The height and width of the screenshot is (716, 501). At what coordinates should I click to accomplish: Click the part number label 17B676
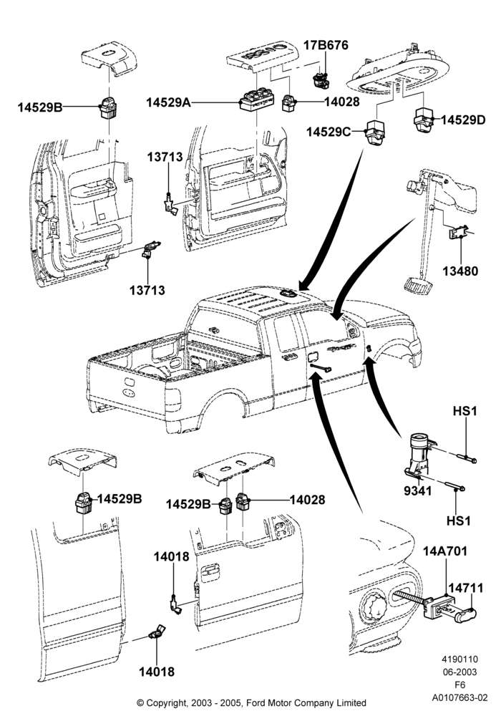(326, 45)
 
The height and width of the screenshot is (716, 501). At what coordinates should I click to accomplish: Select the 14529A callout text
(168, 102)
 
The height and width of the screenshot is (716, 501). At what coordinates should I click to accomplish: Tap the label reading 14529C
(329, 132)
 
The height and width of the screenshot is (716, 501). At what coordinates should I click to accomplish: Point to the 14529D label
(463, 120)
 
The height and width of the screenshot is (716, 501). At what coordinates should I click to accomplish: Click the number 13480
(460, 271)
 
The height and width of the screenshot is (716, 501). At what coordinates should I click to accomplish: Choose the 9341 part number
(417, 491)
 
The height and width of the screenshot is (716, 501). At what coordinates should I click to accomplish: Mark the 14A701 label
(445, 551)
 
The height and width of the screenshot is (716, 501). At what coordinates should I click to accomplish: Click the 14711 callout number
(465, 588)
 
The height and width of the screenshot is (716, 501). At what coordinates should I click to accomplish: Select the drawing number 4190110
(459, 659)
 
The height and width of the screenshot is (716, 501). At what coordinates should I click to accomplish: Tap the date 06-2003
(459, 672)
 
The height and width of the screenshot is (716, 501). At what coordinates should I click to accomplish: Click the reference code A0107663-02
(460, 697)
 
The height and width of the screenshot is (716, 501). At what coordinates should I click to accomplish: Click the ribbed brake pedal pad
(417, 284)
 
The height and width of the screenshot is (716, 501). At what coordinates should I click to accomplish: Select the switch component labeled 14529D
(425, 120)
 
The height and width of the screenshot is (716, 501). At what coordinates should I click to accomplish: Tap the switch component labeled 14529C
(376, 132)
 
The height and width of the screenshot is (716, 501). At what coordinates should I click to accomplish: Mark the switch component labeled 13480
(459, 233)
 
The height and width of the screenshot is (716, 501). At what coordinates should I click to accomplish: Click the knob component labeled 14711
(465, 614)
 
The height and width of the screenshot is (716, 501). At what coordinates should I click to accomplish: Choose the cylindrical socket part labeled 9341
(419, 453)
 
